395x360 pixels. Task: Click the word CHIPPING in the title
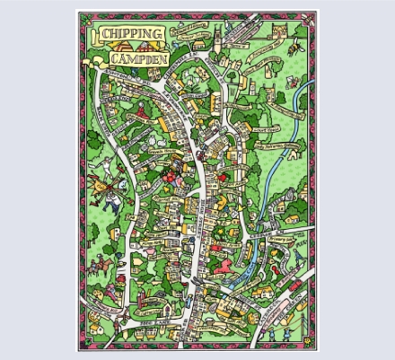tap(132, 34)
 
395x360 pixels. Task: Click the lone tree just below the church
tap(233, 82)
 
